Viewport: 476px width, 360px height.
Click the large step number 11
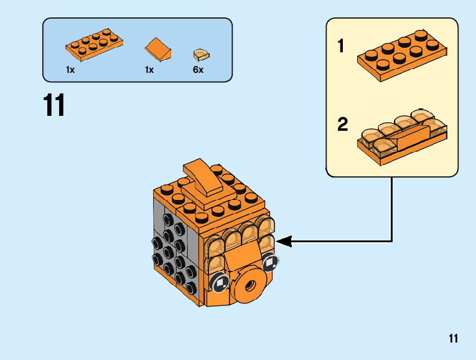click(x=54, y=105)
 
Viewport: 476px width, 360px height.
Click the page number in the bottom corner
click(x=452, y=339)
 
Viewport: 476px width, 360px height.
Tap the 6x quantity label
click(x=198, y=70)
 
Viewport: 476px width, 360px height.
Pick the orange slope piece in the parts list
click(x=158, y=50)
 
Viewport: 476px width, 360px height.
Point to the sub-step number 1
click(x=341, y=47)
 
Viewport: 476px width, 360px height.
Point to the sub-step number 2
click(x=342, y=125)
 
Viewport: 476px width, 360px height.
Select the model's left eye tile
click(x=220, y=283)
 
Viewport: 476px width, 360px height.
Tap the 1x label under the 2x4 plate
click(x=70, y=70)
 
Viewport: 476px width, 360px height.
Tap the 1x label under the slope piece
click(x=149, y=70)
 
